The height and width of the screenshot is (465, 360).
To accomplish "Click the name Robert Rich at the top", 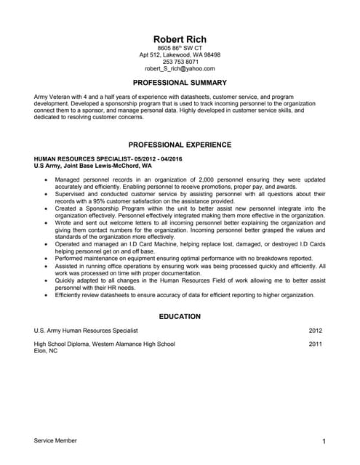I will tap(180, 39).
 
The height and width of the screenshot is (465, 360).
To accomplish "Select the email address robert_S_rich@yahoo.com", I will tap(180, 68).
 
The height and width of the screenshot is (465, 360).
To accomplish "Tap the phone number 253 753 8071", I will tap(180, 62).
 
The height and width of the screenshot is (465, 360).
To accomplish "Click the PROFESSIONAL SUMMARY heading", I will tap(180, 83).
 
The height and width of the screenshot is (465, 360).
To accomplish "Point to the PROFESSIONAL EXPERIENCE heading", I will tap(180, 145).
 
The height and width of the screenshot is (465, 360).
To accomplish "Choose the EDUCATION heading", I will tap(180, 316).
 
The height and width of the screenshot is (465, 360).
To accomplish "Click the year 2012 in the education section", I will tap(315, 331).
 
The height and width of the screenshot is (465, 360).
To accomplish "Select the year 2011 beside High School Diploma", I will tap(315, 344).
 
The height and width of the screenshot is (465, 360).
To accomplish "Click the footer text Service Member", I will tap(55, 440).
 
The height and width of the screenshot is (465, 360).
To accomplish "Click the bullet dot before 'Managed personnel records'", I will tap(47, 179).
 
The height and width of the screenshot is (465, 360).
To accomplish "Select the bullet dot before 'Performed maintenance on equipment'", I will tap(47, 259).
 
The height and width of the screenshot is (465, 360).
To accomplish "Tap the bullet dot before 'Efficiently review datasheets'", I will tap(47, 295).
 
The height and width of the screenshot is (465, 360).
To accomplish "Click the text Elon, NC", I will tap(46, 350).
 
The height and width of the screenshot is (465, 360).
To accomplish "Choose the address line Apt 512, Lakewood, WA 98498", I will tap(180, 54).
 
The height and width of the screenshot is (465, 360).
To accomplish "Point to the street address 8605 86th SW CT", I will tap(180, 48).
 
